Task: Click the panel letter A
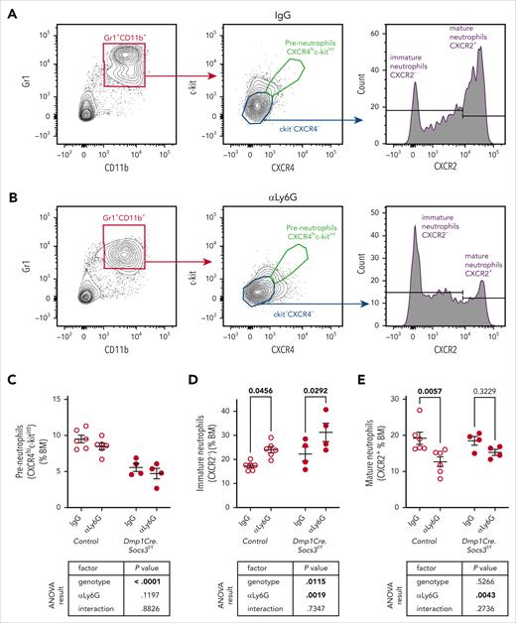click(x=8, y=9)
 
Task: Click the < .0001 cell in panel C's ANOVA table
click(x=122, y=570)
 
